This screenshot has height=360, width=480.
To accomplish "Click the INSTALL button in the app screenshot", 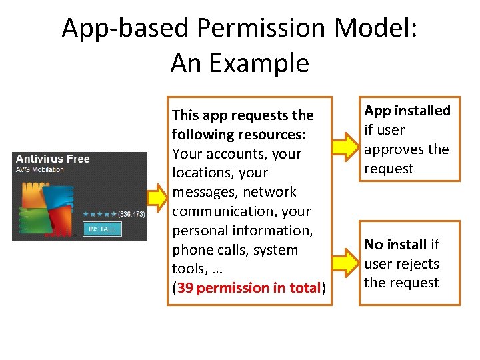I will pos(101,229).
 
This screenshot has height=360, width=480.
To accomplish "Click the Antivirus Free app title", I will pos(53,159).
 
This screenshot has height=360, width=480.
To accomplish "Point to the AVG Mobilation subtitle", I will pos(40,169).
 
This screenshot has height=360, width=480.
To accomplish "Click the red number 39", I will pos(185,288).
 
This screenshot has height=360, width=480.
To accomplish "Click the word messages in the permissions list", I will pos(203,192).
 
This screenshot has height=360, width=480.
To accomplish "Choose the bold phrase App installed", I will pos(407,111).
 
